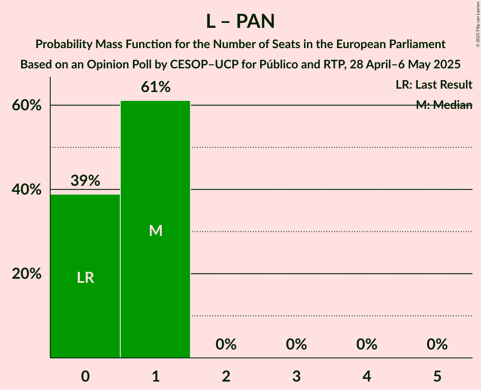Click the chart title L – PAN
tap(240, 21)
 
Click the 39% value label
tap(85, 181)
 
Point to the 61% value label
tap(155, 87)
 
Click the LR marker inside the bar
tap(85, 278)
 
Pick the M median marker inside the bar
tap(155, 230)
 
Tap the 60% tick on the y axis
tap(27, 106)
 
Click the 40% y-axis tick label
tap(27, 190)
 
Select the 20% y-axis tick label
tap(27, 274)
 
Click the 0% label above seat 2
tap(226, 345)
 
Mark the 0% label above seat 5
tap(437, 345)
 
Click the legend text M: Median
tap(444, 105)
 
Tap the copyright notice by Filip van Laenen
tap(478, 24)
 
